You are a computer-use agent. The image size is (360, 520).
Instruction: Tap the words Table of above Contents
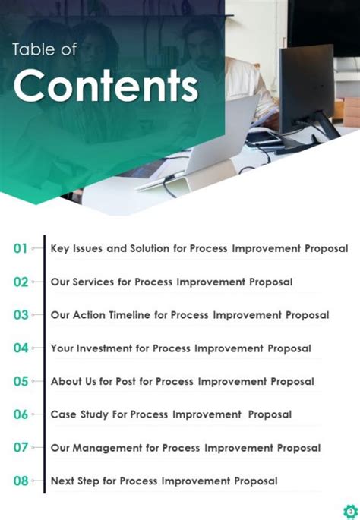click(44, 49)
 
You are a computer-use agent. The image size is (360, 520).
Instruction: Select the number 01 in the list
click(21, 248)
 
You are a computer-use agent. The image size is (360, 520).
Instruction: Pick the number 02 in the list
click(21, 282)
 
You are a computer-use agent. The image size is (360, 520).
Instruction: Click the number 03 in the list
click(21, 315)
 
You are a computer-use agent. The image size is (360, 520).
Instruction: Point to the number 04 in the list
click(21, 348)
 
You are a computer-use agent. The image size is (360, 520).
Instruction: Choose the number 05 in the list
click(21, 382)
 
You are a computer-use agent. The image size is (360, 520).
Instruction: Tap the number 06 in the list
click(21, 414)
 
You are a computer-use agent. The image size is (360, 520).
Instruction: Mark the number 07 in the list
click(21, 448)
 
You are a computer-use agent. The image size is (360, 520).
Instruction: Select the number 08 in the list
click(21, 481)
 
